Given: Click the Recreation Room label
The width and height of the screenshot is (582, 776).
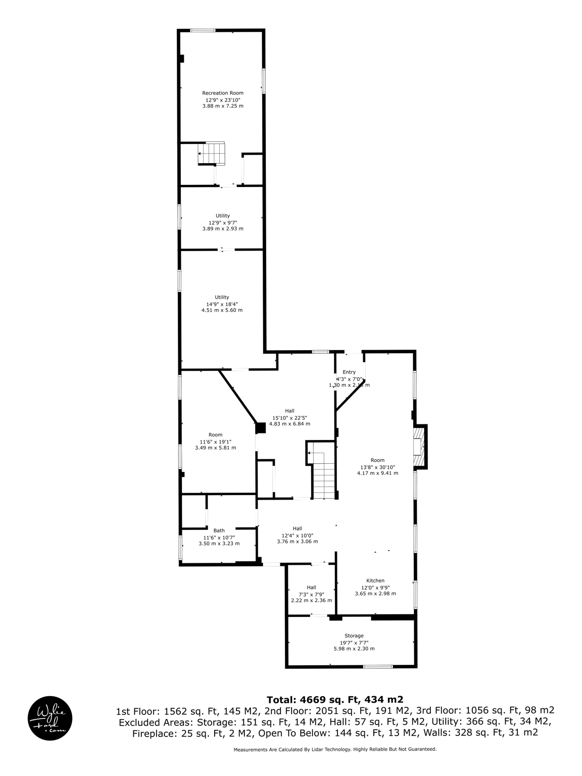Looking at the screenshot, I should pyautogui.click(x=222, y=93).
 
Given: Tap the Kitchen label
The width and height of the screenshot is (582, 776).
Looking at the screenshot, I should pyautogui.click(x=375, y=580).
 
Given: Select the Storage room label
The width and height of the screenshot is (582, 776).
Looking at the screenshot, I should pyautogui.click(x=354, y=636).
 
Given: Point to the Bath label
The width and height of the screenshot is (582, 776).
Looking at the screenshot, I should pyautogui.click(x=219, y=530).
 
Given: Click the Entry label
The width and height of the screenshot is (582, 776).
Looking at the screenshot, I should pyautogui.click(x=349, y=372).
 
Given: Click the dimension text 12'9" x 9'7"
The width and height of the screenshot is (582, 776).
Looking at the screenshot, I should pyautogui.click(x=222, y=222).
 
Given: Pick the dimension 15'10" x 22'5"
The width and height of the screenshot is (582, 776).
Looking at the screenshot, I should pyautogui.click(x=289, y=417).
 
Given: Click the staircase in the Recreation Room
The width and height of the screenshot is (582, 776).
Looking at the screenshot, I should pyautogui.click(x=211, y=154).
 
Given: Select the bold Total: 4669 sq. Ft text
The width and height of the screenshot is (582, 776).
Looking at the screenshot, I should pyautogui.click(x=335, y=700).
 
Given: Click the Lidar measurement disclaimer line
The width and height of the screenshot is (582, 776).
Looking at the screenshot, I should pyautogui.click(x=335, y=749).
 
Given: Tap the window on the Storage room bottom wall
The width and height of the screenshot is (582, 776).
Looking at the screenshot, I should pyautogui.click(x=378, y=666).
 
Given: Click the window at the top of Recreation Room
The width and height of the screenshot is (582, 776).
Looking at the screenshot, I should pyautogui.click(x=203, y=30).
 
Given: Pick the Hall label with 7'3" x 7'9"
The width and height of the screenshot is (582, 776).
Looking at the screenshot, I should pyautogui.click(x=311, y=587).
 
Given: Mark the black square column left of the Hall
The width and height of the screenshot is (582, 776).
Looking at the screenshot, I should pyautogui.click(x=261, y=428).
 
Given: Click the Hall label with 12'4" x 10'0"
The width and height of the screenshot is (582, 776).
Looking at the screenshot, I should pyautogui.click(x=297, y=528).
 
